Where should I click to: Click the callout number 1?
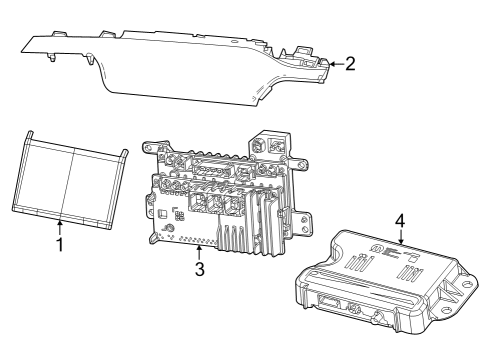[x=59, y=243]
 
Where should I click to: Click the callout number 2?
[x=349, y=63]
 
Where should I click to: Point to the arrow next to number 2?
[x=334, y=63]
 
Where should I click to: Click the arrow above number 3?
[x=199, y=250]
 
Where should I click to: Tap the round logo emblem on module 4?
[x=375, y=246]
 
